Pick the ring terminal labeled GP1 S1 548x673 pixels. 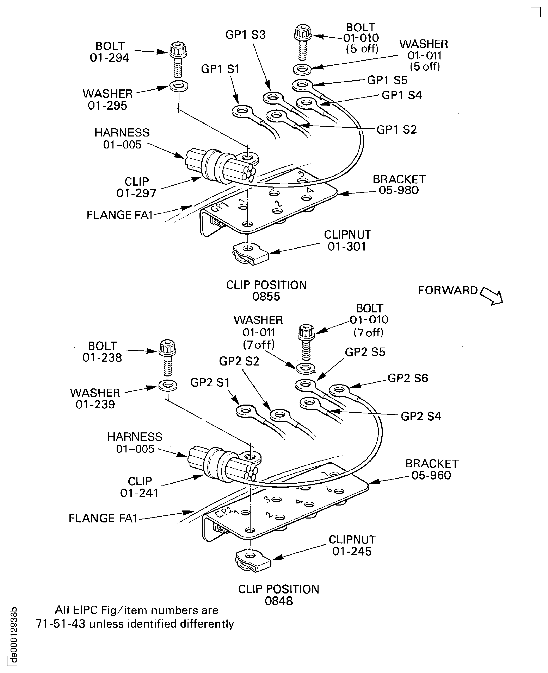[x=242, y=111]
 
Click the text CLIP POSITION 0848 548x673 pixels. [x=278, y=595]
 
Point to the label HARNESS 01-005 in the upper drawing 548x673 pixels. [x=122, y=139]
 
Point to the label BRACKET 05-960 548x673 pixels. [x=432, y=469]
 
